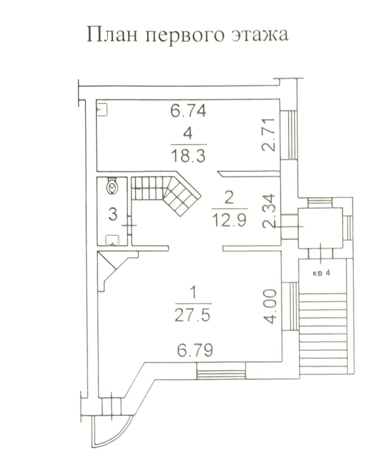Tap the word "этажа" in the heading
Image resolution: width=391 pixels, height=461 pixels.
coord(260,35)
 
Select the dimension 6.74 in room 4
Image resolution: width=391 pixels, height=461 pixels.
coord(188,111)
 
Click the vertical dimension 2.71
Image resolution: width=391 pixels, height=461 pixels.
coord(268,135)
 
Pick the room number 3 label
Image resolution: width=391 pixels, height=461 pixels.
coord(113,214)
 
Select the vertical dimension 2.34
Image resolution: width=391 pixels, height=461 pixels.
coord(269,211)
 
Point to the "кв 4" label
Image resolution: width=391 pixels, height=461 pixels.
coord(321,273)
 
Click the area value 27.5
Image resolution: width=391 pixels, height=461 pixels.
coord(193,315)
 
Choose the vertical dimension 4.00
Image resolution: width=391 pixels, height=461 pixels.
coord(270,306)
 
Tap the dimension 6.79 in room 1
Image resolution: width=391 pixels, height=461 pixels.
coord(195,350)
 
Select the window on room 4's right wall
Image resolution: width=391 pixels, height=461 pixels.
coord(289,135)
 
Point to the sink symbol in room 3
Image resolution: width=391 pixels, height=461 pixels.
coord(112,239)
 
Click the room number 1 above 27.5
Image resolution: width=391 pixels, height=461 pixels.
coord(193,293)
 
